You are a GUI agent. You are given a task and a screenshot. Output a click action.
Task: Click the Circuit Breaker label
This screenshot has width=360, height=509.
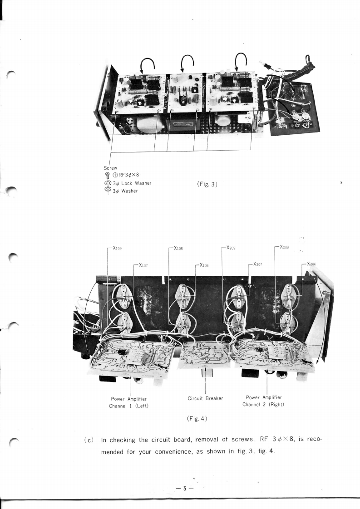(x=206, y=398)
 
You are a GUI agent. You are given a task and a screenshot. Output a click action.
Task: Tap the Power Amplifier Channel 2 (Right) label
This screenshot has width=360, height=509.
(x=265, y=401)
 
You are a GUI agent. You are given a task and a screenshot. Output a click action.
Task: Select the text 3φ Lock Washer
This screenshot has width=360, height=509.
(x=132, y=183)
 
